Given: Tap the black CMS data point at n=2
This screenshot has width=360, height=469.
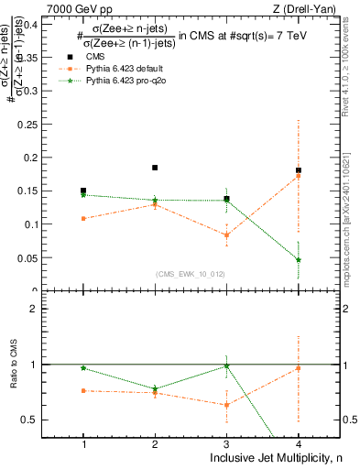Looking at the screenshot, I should coord(155,168).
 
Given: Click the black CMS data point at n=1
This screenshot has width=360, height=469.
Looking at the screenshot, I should coord(83,191).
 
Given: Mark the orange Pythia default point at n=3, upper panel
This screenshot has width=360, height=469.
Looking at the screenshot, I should coord(226,235).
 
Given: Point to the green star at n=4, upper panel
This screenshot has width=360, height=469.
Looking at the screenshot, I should coord(298,260).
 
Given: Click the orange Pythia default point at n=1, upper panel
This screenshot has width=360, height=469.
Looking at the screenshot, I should coord(83,219).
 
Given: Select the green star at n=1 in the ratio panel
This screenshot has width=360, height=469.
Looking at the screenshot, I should coord(83,367).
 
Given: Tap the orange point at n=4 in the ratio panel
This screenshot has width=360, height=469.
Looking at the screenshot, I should coord(298,368).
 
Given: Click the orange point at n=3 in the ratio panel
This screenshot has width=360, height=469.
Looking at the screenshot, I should coord(226,405).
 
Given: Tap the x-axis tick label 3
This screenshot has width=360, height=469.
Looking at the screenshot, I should coord(226,443).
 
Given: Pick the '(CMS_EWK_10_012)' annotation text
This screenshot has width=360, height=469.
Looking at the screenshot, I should coord(191,274).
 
